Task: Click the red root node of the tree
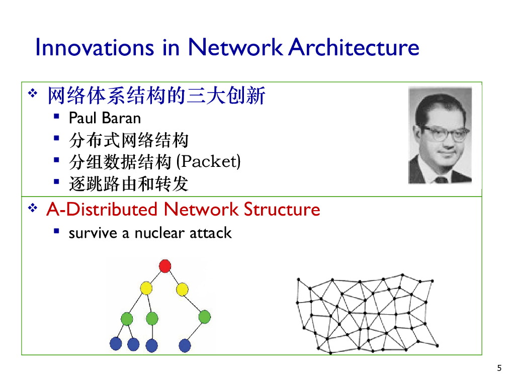pyautogui.click(x=165, y=266)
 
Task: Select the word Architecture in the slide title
pyautogui.click(x=355, y=47)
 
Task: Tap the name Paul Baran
pyautogui.click(x=105, y=118)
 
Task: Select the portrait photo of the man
pyautogui.click(x=440, y=135)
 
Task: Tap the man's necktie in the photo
pyautogui.click(x=441, y=179)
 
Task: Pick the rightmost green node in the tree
pyautogui.click(x=204, y=317)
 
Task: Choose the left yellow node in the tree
pyautogui.click(x=146, y=288)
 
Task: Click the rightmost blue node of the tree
pyautogui.click(x=185, y=345)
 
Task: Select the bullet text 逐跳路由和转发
pyautogui.click(x=128, y=184)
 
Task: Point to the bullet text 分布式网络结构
pyautogui.click(x=128, y=140)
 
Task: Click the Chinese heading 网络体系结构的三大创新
pyautogui.click(x=156, y=95)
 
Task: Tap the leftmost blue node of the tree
pyautogui.click(x=116, y=344)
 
